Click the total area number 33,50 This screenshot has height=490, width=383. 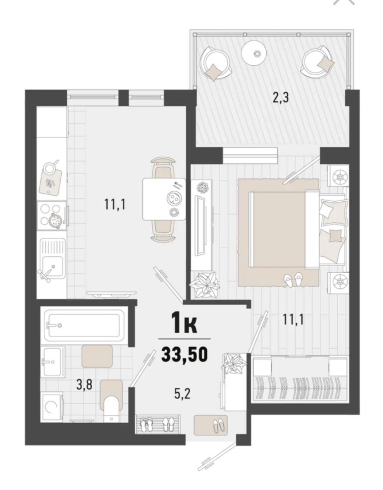pyautogui.click(x=184, y=354)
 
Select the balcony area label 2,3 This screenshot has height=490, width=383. pyautogui.click(x=280, y=97)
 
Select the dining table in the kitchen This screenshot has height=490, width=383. pyautogui.click(x=163, y=199)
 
